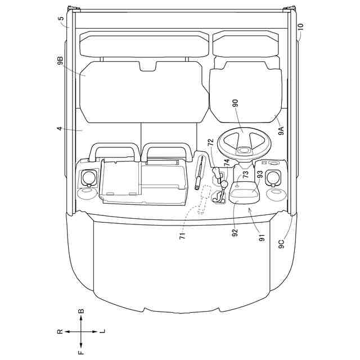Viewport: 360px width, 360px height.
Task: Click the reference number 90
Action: [x=236, y=103]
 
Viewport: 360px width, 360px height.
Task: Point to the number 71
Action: [x=182, y=236]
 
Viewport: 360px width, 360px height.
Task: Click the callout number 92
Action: [x=235, y=232]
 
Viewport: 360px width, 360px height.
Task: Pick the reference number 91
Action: [x=262, y=237]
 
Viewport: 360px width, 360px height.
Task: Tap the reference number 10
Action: [x=301, y=27]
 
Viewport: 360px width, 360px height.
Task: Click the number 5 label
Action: [x=62, y=19]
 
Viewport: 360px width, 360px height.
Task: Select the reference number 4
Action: [x=60, y=129]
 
